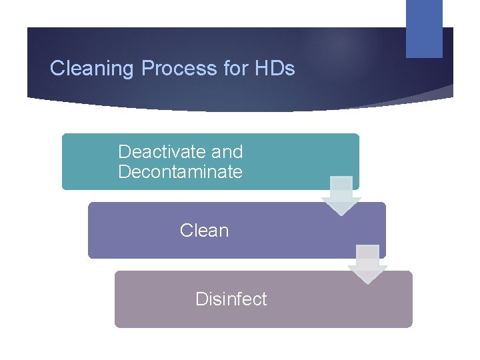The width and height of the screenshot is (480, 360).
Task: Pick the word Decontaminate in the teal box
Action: (180, 172)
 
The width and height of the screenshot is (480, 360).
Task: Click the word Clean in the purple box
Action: (204, 231)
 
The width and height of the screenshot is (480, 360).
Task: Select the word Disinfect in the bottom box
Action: (231, 299)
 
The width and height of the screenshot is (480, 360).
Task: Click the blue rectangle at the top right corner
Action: (424, 28)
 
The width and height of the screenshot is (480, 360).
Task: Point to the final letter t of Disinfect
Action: (264, 299)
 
